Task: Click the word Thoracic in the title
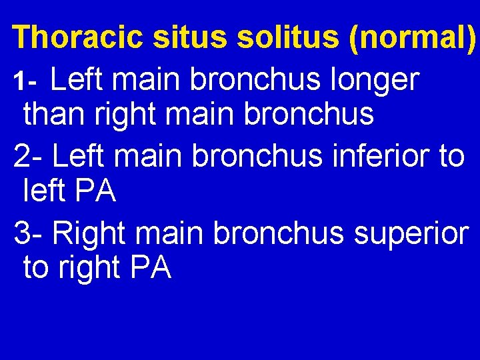pyautogui.click(x=78, y=37)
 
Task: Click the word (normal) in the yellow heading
pyautogui.click(x=412, y=37)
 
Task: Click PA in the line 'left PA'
pyautogui.click(x=96, y=192)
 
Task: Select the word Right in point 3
pyautogui.click(x=88, y=234)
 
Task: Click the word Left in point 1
pyautogui.click(x=79, y=80)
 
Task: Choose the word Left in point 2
pyautogui.click(x=80, y=155)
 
